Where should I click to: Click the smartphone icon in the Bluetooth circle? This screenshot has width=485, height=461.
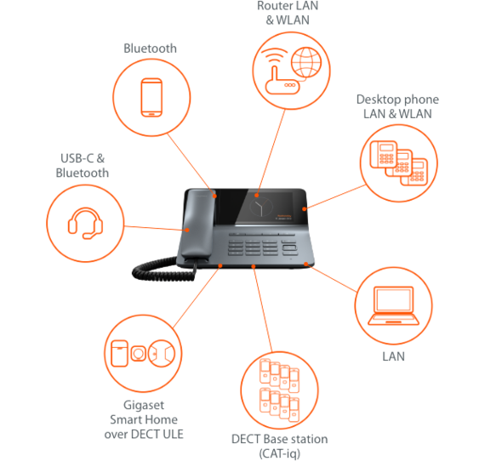point(151,98)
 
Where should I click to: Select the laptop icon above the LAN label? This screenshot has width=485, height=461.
point(393,306)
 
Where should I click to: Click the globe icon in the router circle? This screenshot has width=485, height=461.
point(306,62)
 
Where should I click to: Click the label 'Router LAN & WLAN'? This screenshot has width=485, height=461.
point(288,13)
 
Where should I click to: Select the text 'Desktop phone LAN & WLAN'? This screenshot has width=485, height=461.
point(397,106)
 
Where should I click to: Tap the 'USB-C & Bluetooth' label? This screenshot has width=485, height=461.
point(83,166)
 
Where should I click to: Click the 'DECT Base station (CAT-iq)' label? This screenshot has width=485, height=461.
point(280,447)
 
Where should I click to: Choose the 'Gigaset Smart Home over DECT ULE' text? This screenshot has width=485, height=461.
point(144,419)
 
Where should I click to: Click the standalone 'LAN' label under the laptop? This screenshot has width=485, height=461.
point(393,356)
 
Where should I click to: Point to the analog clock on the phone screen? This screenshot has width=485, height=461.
point(261,207)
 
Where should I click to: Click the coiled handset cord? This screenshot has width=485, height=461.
point(161,269)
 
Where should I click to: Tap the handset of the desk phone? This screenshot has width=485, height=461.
point(198,225)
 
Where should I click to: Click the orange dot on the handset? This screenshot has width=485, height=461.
point(187,230)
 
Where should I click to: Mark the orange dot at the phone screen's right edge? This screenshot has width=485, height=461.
point(305,209)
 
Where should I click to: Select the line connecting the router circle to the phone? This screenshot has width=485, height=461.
point(271,152)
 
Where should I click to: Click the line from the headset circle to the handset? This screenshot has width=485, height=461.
point(155,228)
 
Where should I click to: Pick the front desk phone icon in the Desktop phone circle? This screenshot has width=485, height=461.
point(384,154)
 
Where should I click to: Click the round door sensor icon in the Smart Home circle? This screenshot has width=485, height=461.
point(162,353)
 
